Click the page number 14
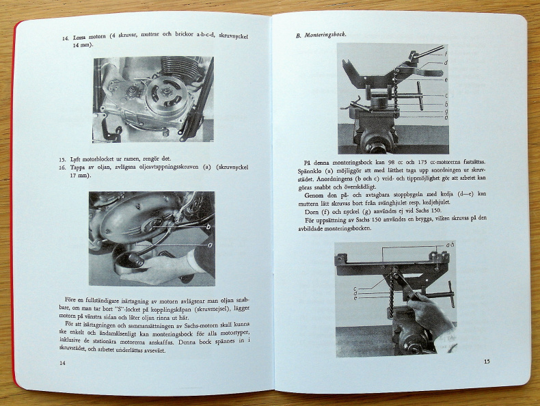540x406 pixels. coord(63,364)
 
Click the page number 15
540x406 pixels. coord(487,362)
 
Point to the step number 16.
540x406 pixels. coord(62,167)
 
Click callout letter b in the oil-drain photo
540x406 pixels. coord(207,226)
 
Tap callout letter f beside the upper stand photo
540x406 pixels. coord(446,53)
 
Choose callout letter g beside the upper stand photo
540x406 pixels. coord(446,111)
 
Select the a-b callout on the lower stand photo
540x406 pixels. coord(450,245)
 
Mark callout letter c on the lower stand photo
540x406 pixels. coord(355,288)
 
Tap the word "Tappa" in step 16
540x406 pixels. coord(82,167)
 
